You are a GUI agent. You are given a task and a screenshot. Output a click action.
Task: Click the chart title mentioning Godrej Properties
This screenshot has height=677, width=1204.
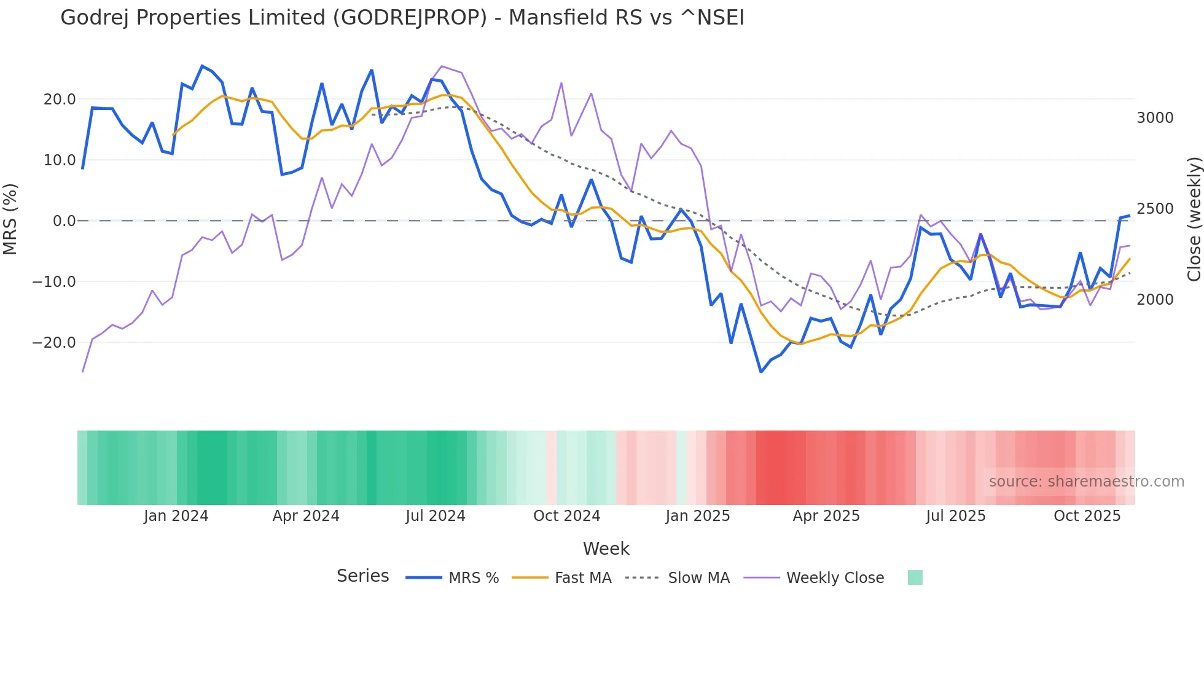tap(402, 18)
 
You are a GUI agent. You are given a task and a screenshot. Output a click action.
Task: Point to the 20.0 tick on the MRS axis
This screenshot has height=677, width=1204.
tap(60, 100)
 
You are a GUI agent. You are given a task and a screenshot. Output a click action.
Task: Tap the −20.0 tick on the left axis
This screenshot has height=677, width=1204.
tap(54, 343)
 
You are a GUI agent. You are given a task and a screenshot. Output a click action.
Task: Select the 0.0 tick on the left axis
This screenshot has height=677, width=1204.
tap(64, 221)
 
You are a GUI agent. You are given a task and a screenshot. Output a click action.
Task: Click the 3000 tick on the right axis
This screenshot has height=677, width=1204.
tap(1155, 118)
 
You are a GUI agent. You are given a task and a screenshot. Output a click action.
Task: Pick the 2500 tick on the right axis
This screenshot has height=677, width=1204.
tap(1155, 209)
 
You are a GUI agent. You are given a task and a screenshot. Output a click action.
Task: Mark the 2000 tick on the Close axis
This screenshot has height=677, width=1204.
tap(1155, 300)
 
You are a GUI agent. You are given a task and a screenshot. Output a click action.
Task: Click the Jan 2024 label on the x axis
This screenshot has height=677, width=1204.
tap(176, 516)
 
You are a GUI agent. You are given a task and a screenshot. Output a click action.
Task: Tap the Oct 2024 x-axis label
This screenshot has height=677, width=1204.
tap(566, 516)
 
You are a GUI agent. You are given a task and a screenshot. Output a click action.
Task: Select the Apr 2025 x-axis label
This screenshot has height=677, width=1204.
tap(826, 516)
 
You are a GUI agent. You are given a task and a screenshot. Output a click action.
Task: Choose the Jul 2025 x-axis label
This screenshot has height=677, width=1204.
tap(956, 516)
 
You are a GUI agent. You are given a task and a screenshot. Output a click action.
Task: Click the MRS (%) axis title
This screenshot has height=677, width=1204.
tap(10, 219)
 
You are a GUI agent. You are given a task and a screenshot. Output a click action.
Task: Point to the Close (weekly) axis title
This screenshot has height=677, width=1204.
tap(1194, 219)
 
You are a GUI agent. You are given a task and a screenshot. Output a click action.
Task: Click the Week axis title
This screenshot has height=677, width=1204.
tap(606, 549)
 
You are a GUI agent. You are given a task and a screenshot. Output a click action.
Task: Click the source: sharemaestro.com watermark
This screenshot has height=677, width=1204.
tap(1086, 482)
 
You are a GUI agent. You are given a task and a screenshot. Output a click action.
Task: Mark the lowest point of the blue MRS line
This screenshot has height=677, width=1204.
tap(761, 372)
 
